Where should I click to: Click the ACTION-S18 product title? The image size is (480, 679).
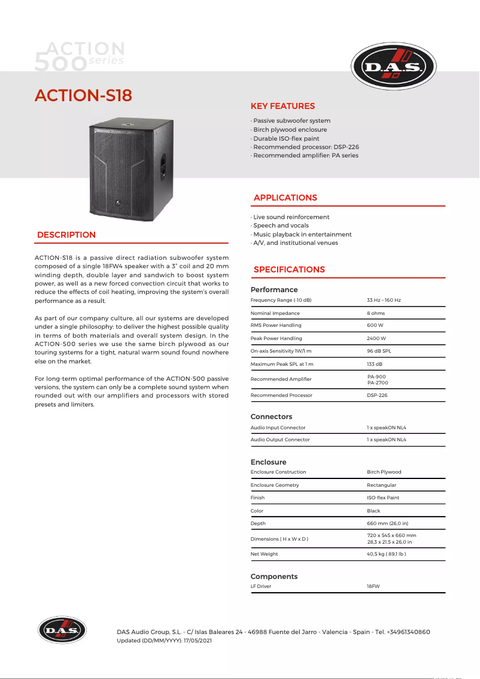pyautogui.click(x=83, y=95)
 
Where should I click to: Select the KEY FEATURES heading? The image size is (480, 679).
pyautogui.click(x=282, y=106)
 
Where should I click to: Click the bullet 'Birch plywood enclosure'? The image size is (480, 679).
pyautogui.click(x=290, y=129)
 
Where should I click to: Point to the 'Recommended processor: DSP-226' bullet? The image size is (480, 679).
pyautogui.click(x=306, y=147)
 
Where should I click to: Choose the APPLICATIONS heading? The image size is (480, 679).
pyautogui.click(x=285, y=198)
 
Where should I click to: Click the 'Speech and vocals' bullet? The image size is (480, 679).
pyautogui.click(x=281, y=226)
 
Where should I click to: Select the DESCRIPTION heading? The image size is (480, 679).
pyautogui.click(x=66, y=235)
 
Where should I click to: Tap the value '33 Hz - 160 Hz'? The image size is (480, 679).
pyautogui.click(x=384, y=299)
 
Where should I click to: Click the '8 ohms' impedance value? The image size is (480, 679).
pyautogui.click(x=376, y=313)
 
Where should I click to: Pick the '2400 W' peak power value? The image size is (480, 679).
pyautogui.click(x=376, y=338)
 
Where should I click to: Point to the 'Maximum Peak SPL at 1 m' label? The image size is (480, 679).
pyautogui.click(x=282, y=364)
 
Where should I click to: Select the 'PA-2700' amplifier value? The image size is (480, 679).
pyautogui.click(x=378, y=382)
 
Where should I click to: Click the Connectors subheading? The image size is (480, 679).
pyautogui.click(x=271, y=416)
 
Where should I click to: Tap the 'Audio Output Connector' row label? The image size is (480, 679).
pyautogui.click(x=280, y=439)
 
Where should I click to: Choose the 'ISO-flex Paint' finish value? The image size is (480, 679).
pyautogui.click(x=384, y=498)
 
